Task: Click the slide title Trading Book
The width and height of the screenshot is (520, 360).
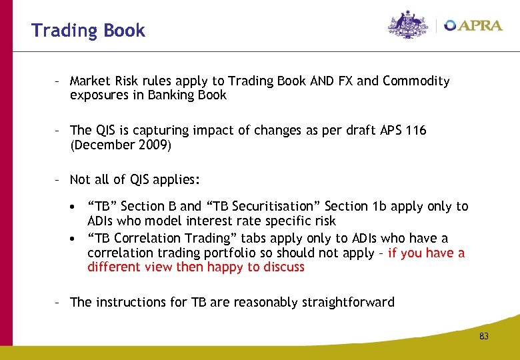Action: click(x=88, y=31)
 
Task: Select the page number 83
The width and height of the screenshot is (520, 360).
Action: click(x=483, y=337)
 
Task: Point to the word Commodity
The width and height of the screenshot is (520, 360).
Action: click(x=416, y=81)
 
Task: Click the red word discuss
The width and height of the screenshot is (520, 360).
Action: click(x=283, y=267)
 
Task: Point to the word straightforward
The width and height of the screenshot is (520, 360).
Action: click(x=347, y=302)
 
